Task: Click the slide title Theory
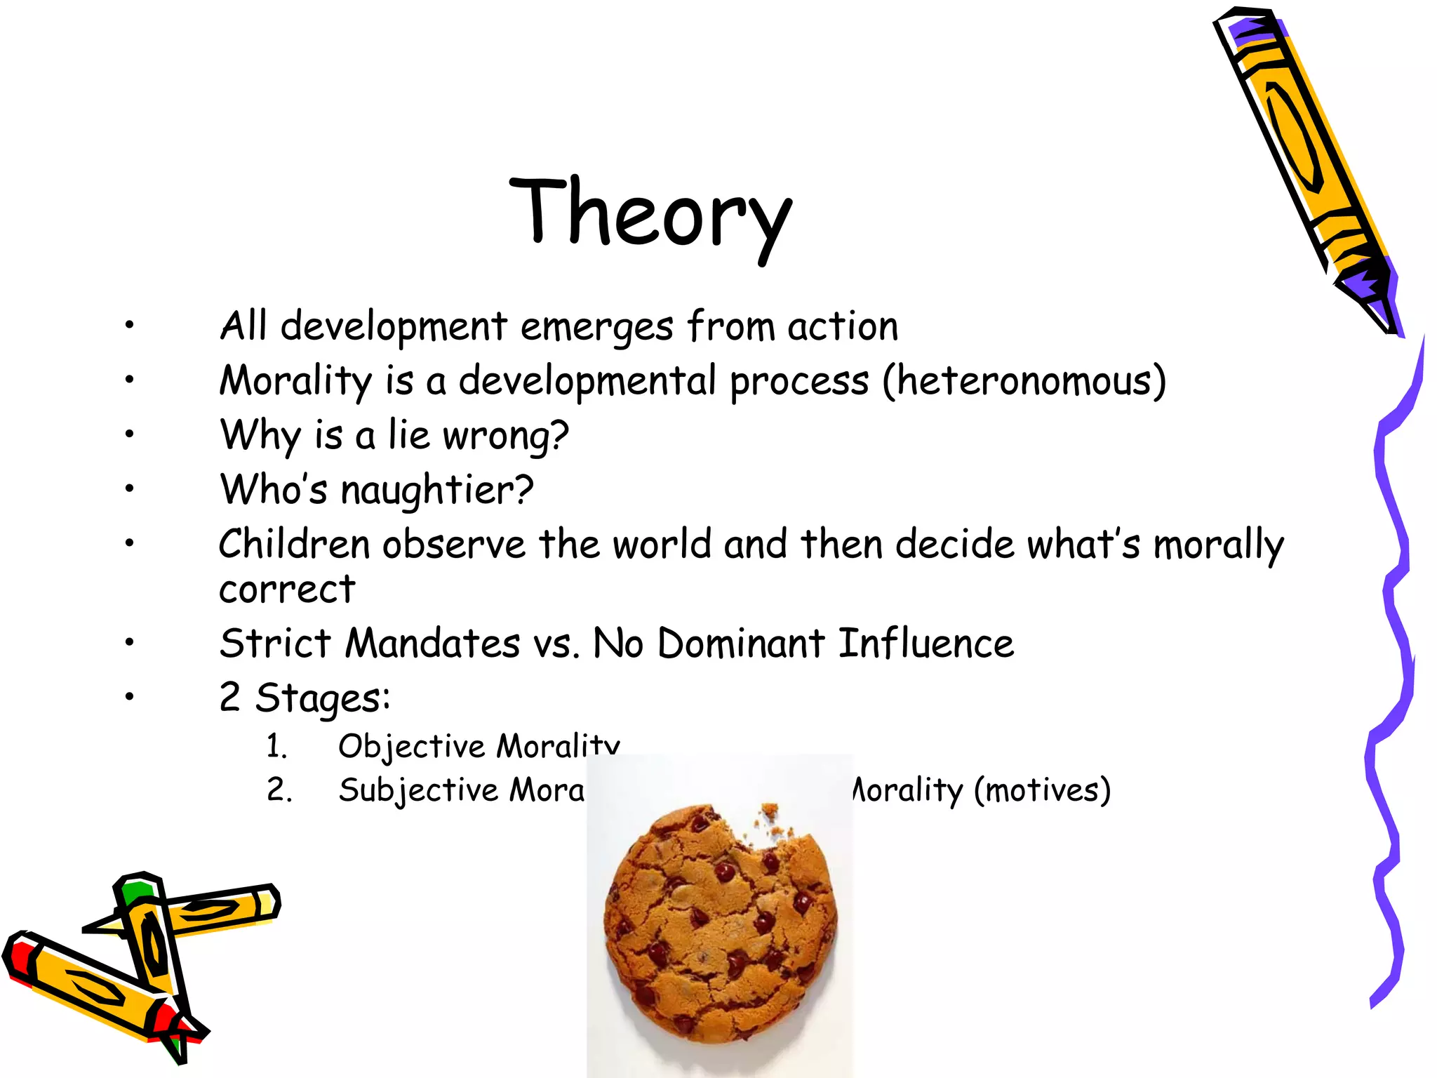[650, 214]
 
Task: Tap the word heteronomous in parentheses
[1024, 381]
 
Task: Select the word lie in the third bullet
[408, 434]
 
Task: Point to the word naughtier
[436, 490]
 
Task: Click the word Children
[294, 544]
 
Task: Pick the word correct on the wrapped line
[287, 589]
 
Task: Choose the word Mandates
[432, 643]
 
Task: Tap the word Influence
[925, 643]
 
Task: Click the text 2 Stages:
[305, 698]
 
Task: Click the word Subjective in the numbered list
[419, 790]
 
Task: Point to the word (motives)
[1041, 790]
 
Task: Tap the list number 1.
[276, 746]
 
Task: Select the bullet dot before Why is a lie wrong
[129, 434]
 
